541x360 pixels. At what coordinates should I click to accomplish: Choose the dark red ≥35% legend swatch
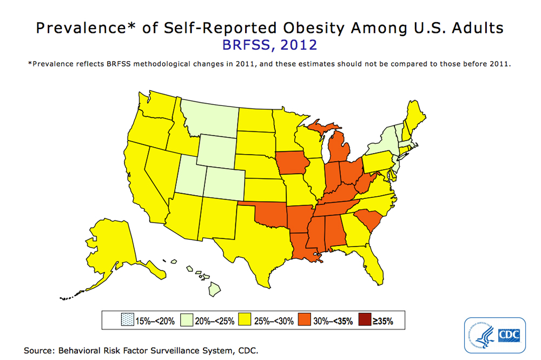click(365, 321)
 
